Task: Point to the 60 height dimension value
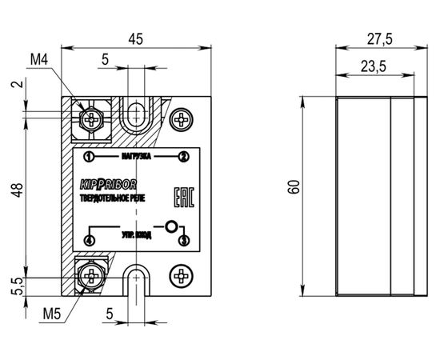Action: pos(294,186)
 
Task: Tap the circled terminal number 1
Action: pos(89,156)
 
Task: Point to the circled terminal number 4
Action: pos(89,239)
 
